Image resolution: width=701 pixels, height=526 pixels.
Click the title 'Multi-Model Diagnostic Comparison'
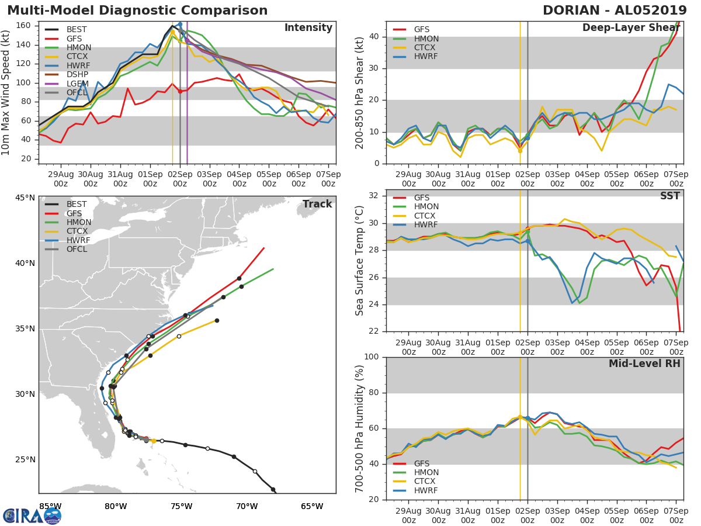click(137, 11)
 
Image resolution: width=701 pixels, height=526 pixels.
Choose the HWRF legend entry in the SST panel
click(426, 225)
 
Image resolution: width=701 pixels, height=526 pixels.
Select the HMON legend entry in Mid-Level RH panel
click(426, 472)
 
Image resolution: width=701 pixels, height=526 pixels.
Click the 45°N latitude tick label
click(25, 198)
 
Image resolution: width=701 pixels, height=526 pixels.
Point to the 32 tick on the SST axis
click(374, 196)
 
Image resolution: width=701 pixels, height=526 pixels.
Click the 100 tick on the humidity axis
click(372, 357)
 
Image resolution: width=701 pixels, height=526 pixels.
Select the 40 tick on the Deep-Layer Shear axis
click(374, 37)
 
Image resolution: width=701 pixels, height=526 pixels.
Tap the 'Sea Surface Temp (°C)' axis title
click(359, 261)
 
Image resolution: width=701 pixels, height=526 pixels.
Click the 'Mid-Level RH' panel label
click(644, 364)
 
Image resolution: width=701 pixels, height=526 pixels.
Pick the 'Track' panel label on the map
click(317, 204)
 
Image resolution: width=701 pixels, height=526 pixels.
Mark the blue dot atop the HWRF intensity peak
click(180, 25)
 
